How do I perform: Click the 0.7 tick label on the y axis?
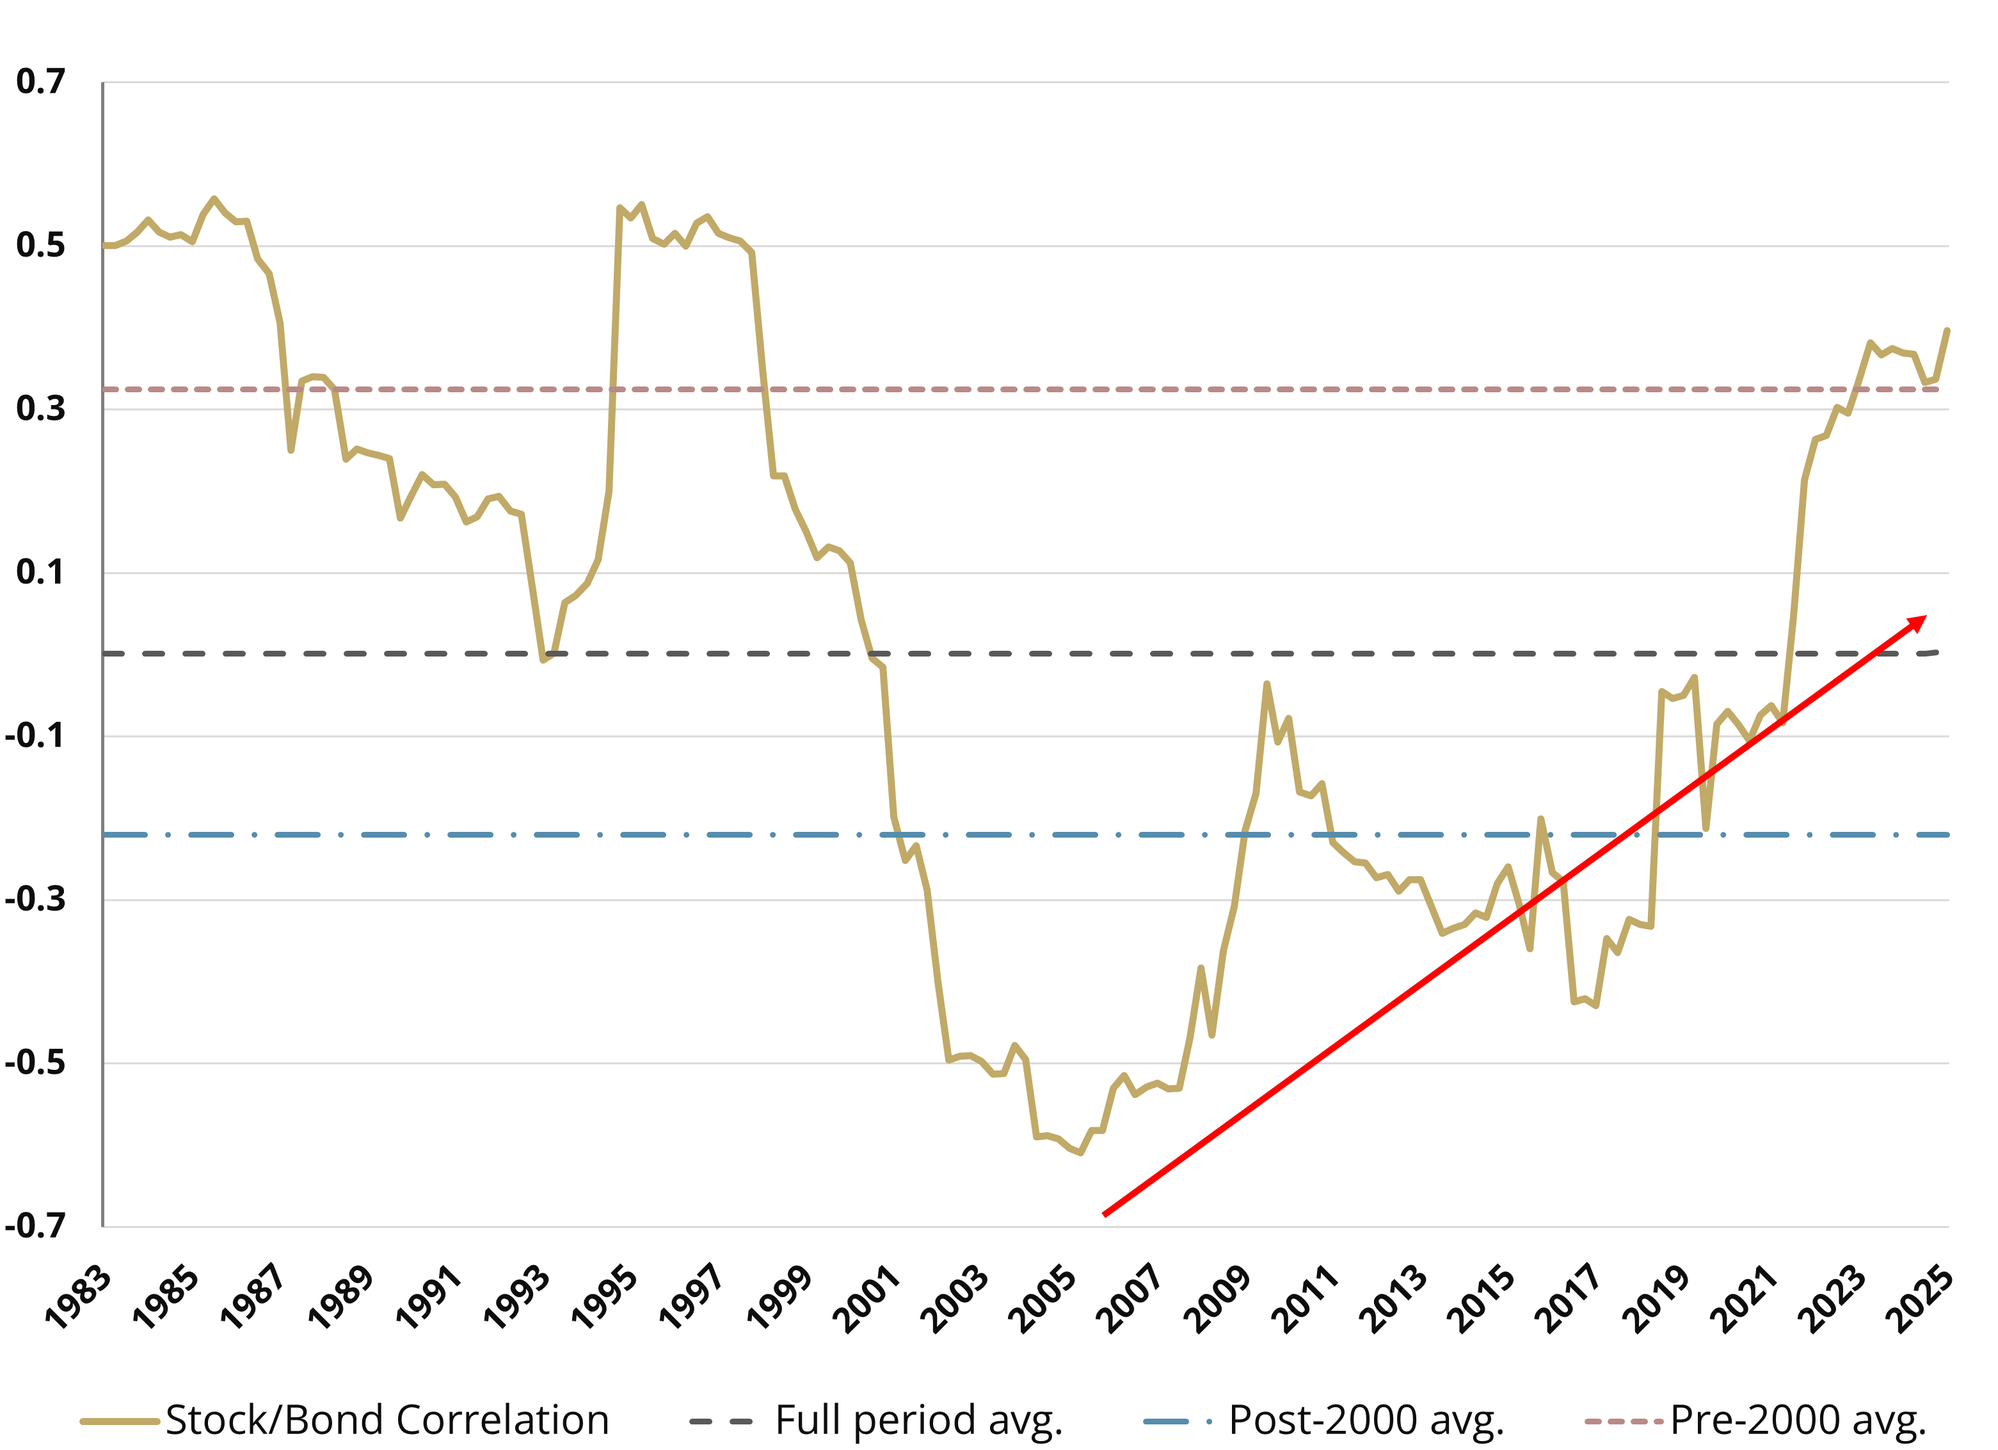(40, 82)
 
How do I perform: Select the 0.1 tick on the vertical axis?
(40, 573)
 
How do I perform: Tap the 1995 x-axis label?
(604, 1296)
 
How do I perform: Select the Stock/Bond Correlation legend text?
(388, 1420)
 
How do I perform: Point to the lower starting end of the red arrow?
(1105, 1215)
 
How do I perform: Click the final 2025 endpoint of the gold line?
(1947, 330)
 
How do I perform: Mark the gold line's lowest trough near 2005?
(1080, 1152)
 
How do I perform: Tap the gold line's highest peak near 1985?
(214, 198)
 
